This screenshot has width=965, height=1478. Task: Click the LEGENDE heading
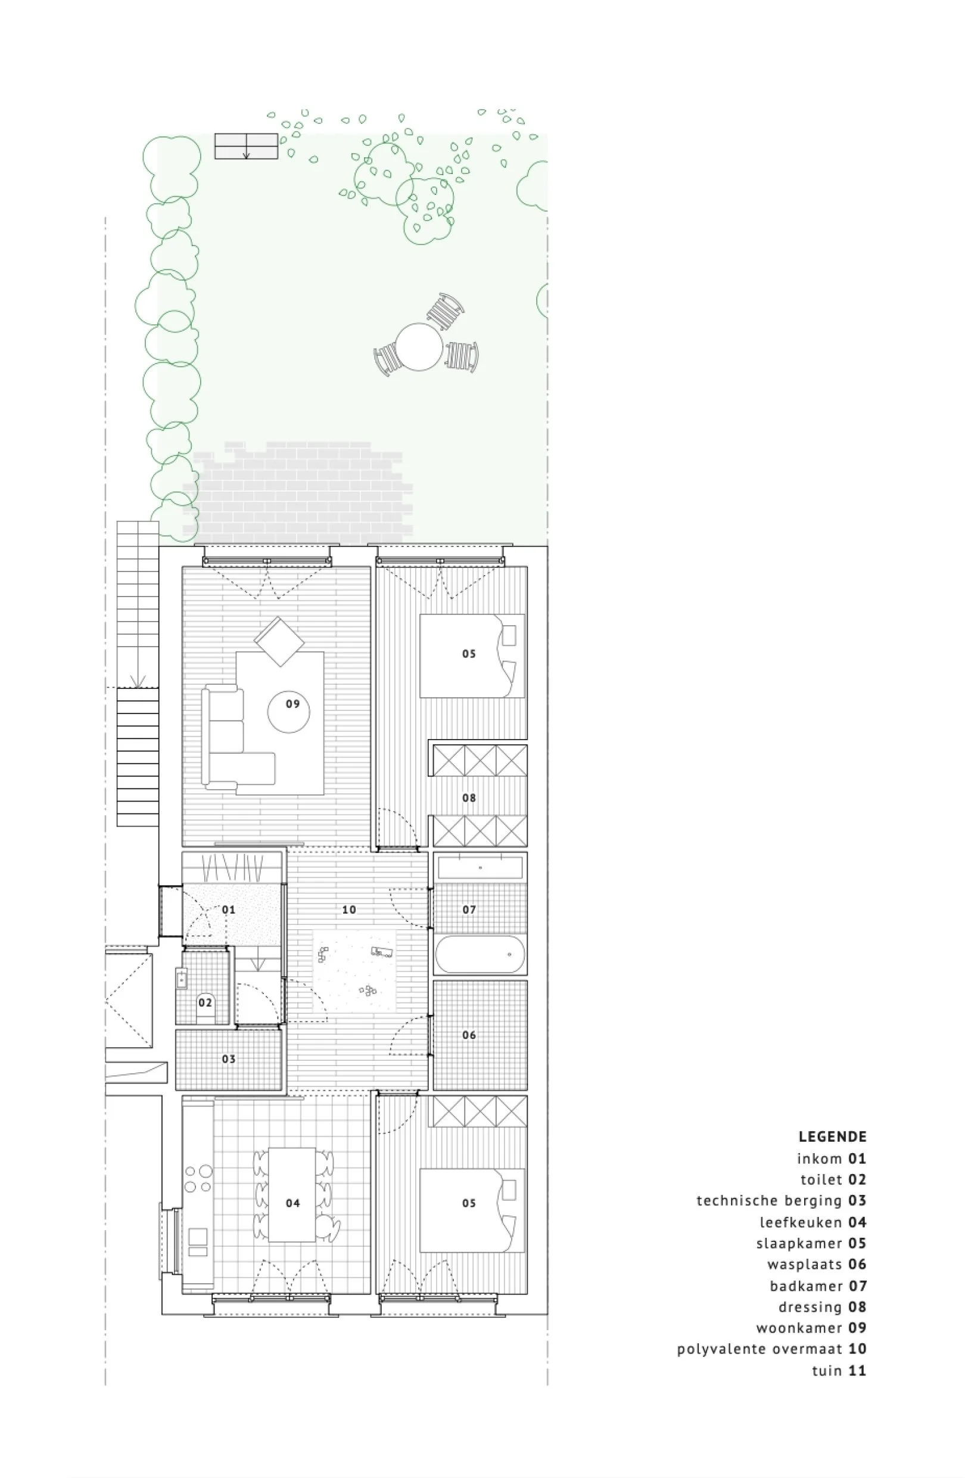[x=832, y=1137]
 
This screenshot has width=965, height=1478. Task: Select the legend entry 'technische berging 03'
[x=781, y=1200]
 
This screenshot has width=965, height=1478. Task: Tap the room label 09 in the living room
[x=292, y=704]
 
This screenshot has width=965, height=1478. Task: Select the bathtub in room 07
[x=480, y=954]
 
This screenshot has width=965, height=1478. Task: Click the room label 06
[x=469, y=1035]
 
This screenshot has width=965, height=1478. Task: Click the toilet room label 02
[x=205, y=1002]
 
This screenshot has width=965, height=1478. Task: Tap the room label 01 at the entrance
[x=228, y=910]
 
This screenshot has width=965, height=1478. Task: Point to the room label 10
[x=348, y=910]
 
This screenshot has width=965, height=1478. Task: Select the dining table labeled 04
[x=292, y=1203]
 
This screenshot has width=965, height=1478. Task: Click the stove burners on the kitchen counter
[x=198, y=1179]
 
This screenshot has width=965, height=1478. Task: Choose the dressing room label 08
[x=469, y=797]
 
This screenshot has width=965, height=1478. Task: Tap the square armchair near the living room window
[x=279, y=641]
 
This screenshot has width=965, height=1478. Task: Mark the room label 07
[x=469, y=910]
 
